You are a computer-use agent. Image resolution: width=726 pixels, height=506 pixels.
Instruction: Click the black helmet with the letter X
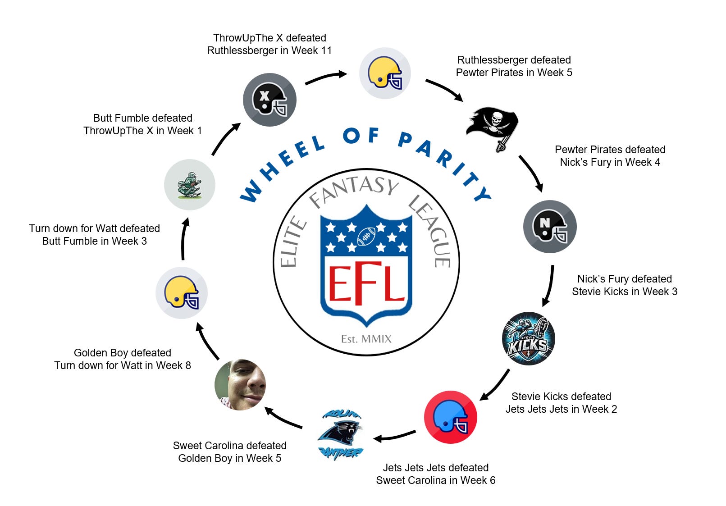[269, 100]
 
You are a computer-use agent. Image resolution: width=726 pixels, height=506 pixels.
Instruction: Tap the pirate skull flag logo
[492, 127]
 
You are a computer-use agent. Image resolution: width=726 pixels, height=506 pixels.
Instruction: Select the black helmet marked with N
[550, 227]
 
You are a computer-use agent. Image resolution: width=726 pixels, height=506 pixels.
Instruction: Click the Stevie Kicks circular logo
[528, 339]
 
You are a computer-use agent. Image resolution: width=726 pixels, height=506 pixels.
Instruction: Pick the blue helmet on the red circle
[450, 417]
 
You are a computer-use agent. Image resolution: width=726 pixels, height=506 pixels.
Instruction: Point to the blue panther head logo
[341, 435]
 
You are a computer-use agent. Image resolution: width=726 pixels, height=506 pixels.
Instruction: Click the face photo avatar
[240, 385]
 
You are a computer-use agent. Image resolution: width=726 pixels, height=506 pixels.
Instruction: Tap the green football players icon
[190, 185]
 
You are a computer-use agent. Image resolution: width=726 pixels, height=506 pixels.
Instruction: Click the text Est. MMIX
[366, 339]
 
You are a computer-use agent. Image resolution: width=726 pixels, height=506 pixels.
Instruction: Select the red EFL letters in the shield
[366, 284]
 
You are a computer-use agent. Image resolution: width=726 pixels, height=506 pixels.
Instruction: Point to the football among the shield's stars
[366, 236]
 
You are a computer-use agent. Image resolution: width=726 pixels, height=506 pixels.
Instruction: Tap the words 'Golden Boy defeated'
[123, 353]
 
